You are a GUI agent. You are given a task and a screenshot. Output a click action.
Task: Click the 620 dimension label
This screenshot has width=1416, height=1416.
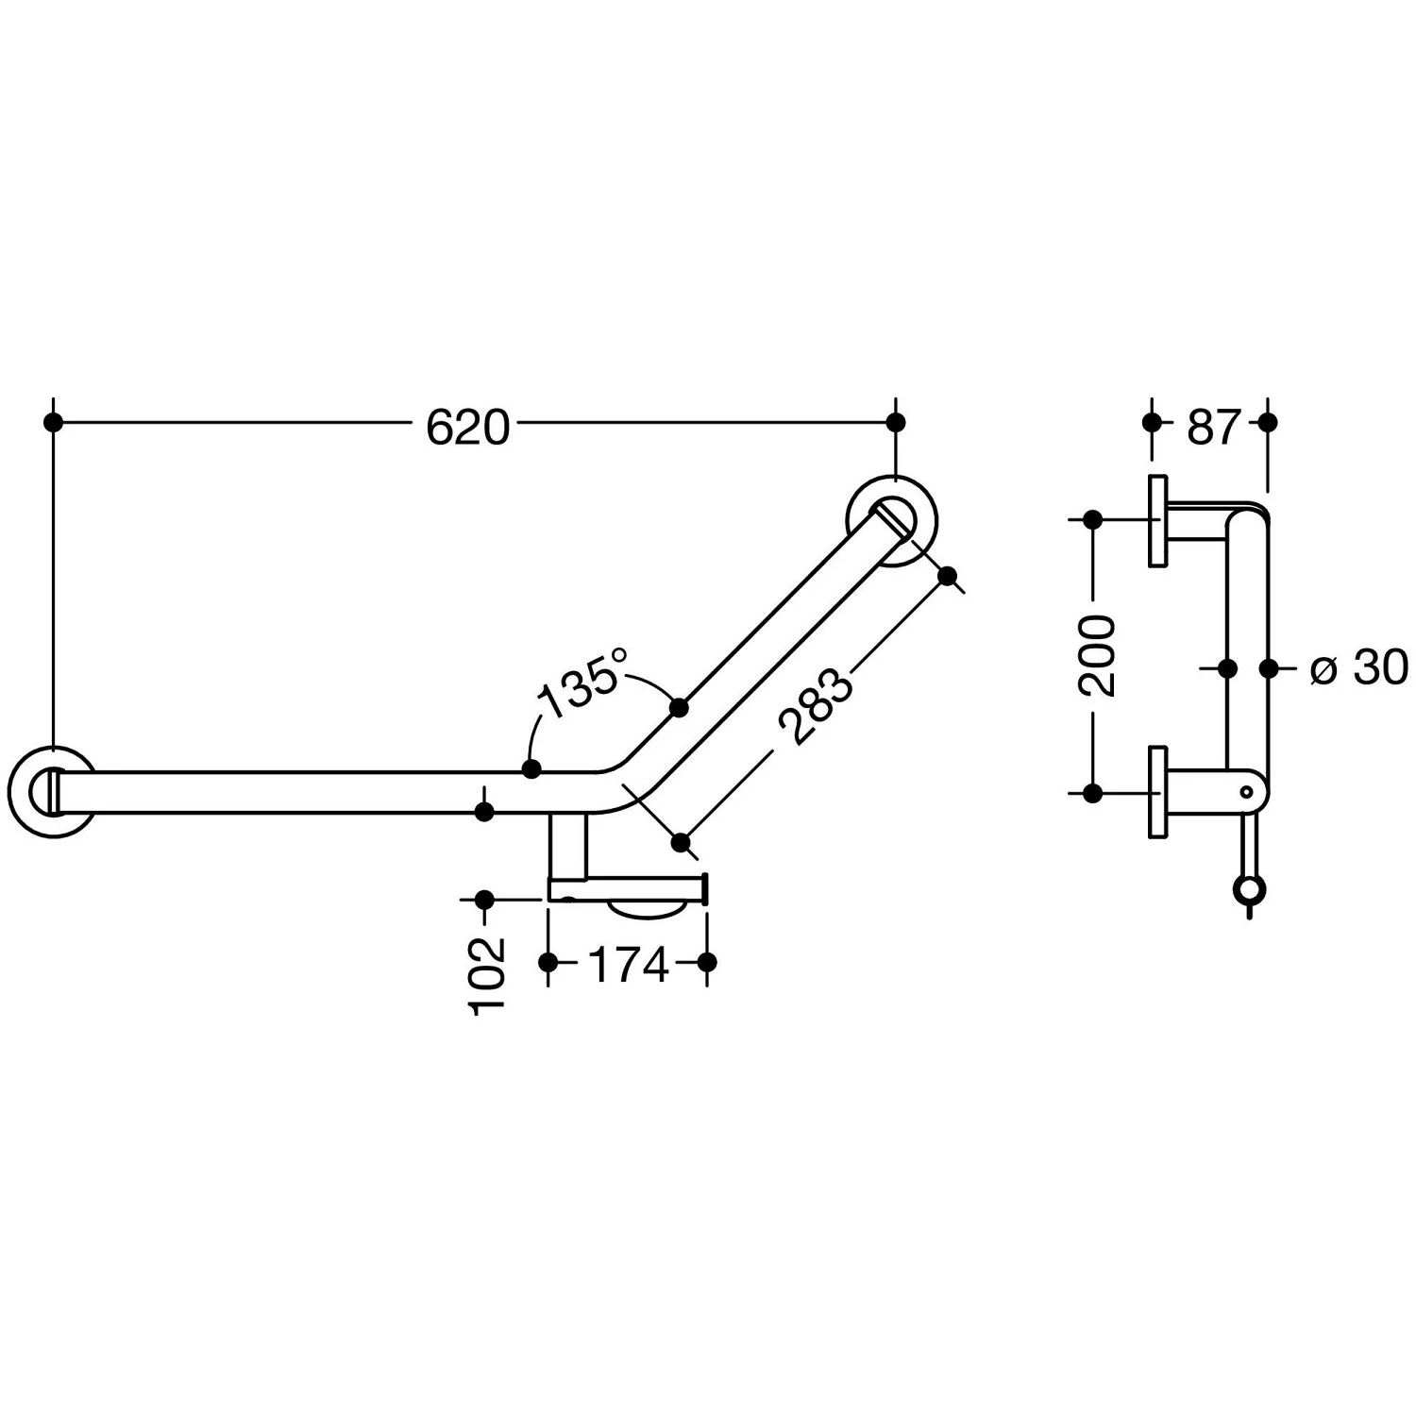[x=467, y=428]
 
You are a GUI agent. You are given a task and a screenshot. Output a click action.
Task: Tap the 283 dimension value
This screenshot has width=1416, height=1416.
[x=815, y=707]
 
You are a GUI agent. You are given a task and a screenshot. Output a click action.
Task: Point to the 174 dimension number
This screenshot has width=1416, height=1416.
[x=628, y=964]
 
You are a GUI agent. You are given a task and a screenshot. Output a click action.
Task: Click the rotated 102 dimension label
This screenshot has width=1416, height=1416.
[x=488, y=975]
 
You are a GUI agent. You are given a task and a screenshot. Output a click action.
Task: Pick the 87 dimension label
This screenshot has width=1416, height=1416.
[x=1212, y=428]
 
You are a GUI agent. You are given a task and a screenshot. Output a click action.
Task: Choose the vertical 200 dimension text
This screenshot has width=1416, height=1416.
[x=1097, y=656]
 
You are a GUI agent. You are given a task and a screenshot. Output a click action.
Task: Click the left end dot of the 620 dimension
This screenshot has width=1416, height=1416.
[x=54, y=422]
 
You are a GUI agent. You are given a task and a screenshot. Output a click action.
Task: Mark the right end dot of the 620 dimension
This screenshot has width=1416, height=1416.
[x=897, y=422]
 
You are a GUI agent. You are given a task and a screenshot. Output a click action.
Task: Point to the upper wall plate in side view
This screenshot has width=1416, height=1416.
[x=1157, y=521]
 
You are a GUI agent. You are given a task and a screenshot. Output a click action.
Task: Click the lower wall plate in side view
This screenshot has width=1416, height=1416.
[x=1157, y=791]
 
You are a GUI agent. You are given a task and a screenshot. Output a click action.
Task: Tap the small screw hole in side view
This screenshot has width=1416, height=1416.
[x=1247, y=791]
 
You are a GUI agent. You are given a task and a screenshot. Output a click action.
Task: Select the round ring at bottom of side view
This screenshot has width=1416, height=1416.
[x=1248, y=889]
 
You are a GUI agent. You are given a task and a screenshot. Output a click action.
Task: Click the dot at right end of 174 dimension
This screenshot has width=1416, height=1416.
[x=708, y=962]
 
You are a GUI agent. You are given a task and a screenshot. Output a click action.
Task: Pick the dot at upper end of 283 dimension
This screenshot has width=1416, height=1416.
[x=949, y=575]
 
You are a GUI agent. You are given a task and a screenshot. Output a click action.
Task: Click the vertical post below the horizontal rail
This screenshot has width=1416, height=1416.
[x=567, y=846]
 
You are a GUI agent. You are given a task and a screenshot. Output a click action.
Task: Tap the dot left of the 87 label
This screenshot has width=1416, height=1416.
[x=1152, y=422]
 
